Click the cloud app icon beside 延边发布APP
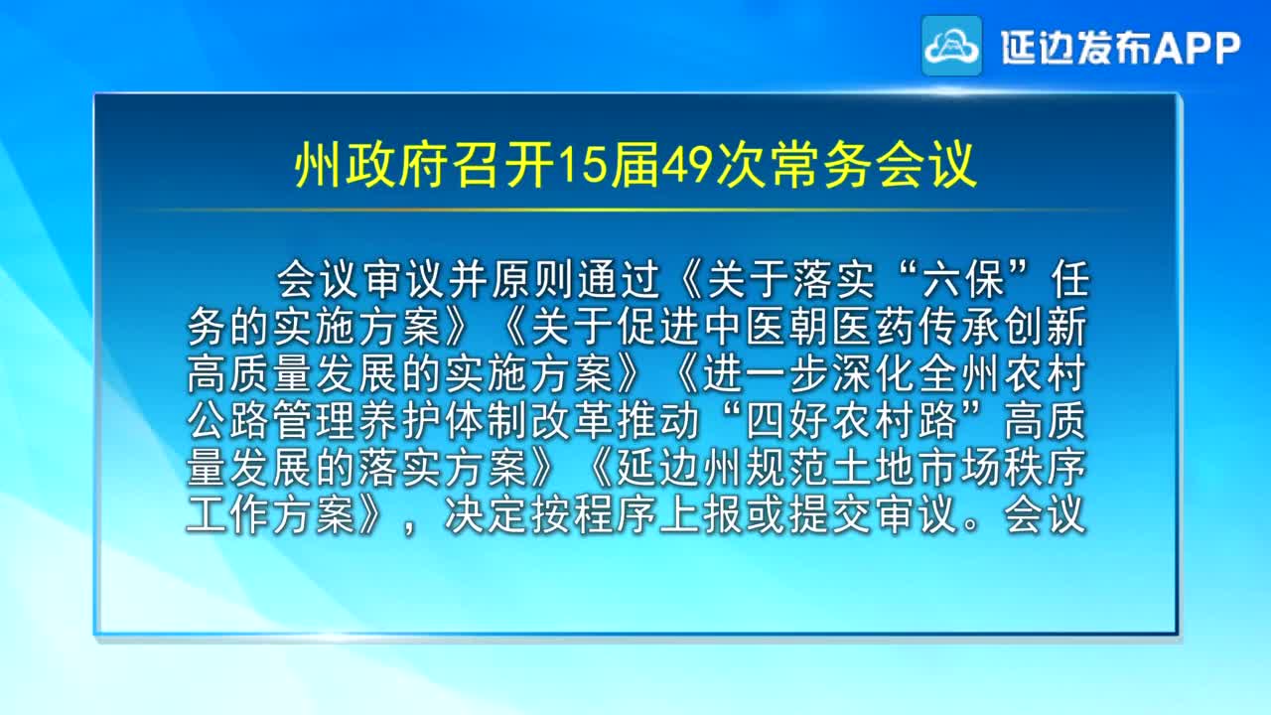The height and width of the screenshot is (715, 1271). click(951, 46)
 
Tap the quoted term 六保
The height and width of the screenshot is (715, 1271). click(963, 280)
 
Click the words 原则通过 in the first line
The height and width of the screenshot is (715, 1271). click(577, 280)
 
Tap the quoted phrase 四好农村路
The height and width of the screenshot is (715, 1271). click(852, 421)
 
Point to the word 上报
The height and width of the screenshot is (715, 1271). click(702, 515)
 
